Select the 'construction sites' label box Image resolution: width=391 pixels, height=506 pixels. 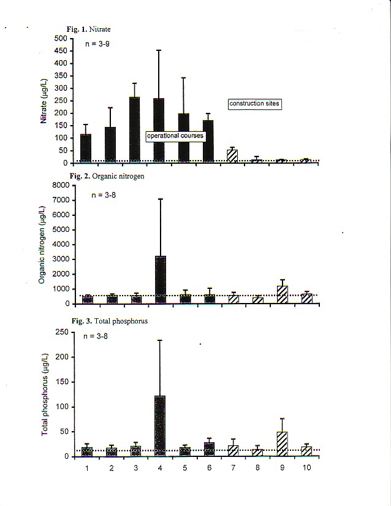pos(254,104)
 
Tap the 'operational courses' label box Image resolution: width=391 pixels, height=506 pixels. pos(175,136)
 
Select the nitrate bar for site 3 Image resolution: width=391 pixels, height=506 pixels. pos(135,130)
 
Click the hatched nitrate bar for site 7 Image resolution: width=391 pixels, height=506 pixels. pos(232,156)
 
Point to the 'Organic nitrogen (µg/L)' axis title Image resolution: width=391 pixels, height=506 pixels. pos(42,243)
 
